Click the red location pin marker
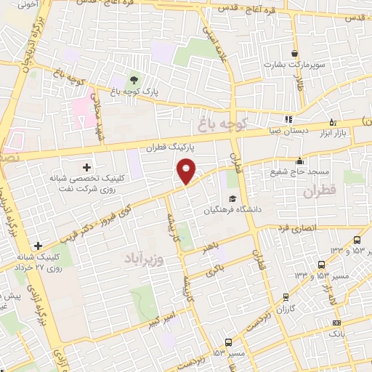tap(187, 169)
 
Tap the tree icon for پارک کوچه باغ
tap(133, 79)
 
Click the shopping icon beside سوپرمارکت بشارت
tap(294, 53)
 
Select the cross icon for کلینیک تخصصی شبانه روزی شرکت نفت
tap(86, 168)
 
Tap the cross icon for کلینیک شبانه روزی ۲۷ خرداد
tap(37, 246)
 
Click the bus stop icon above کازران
tap(286, 296)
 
